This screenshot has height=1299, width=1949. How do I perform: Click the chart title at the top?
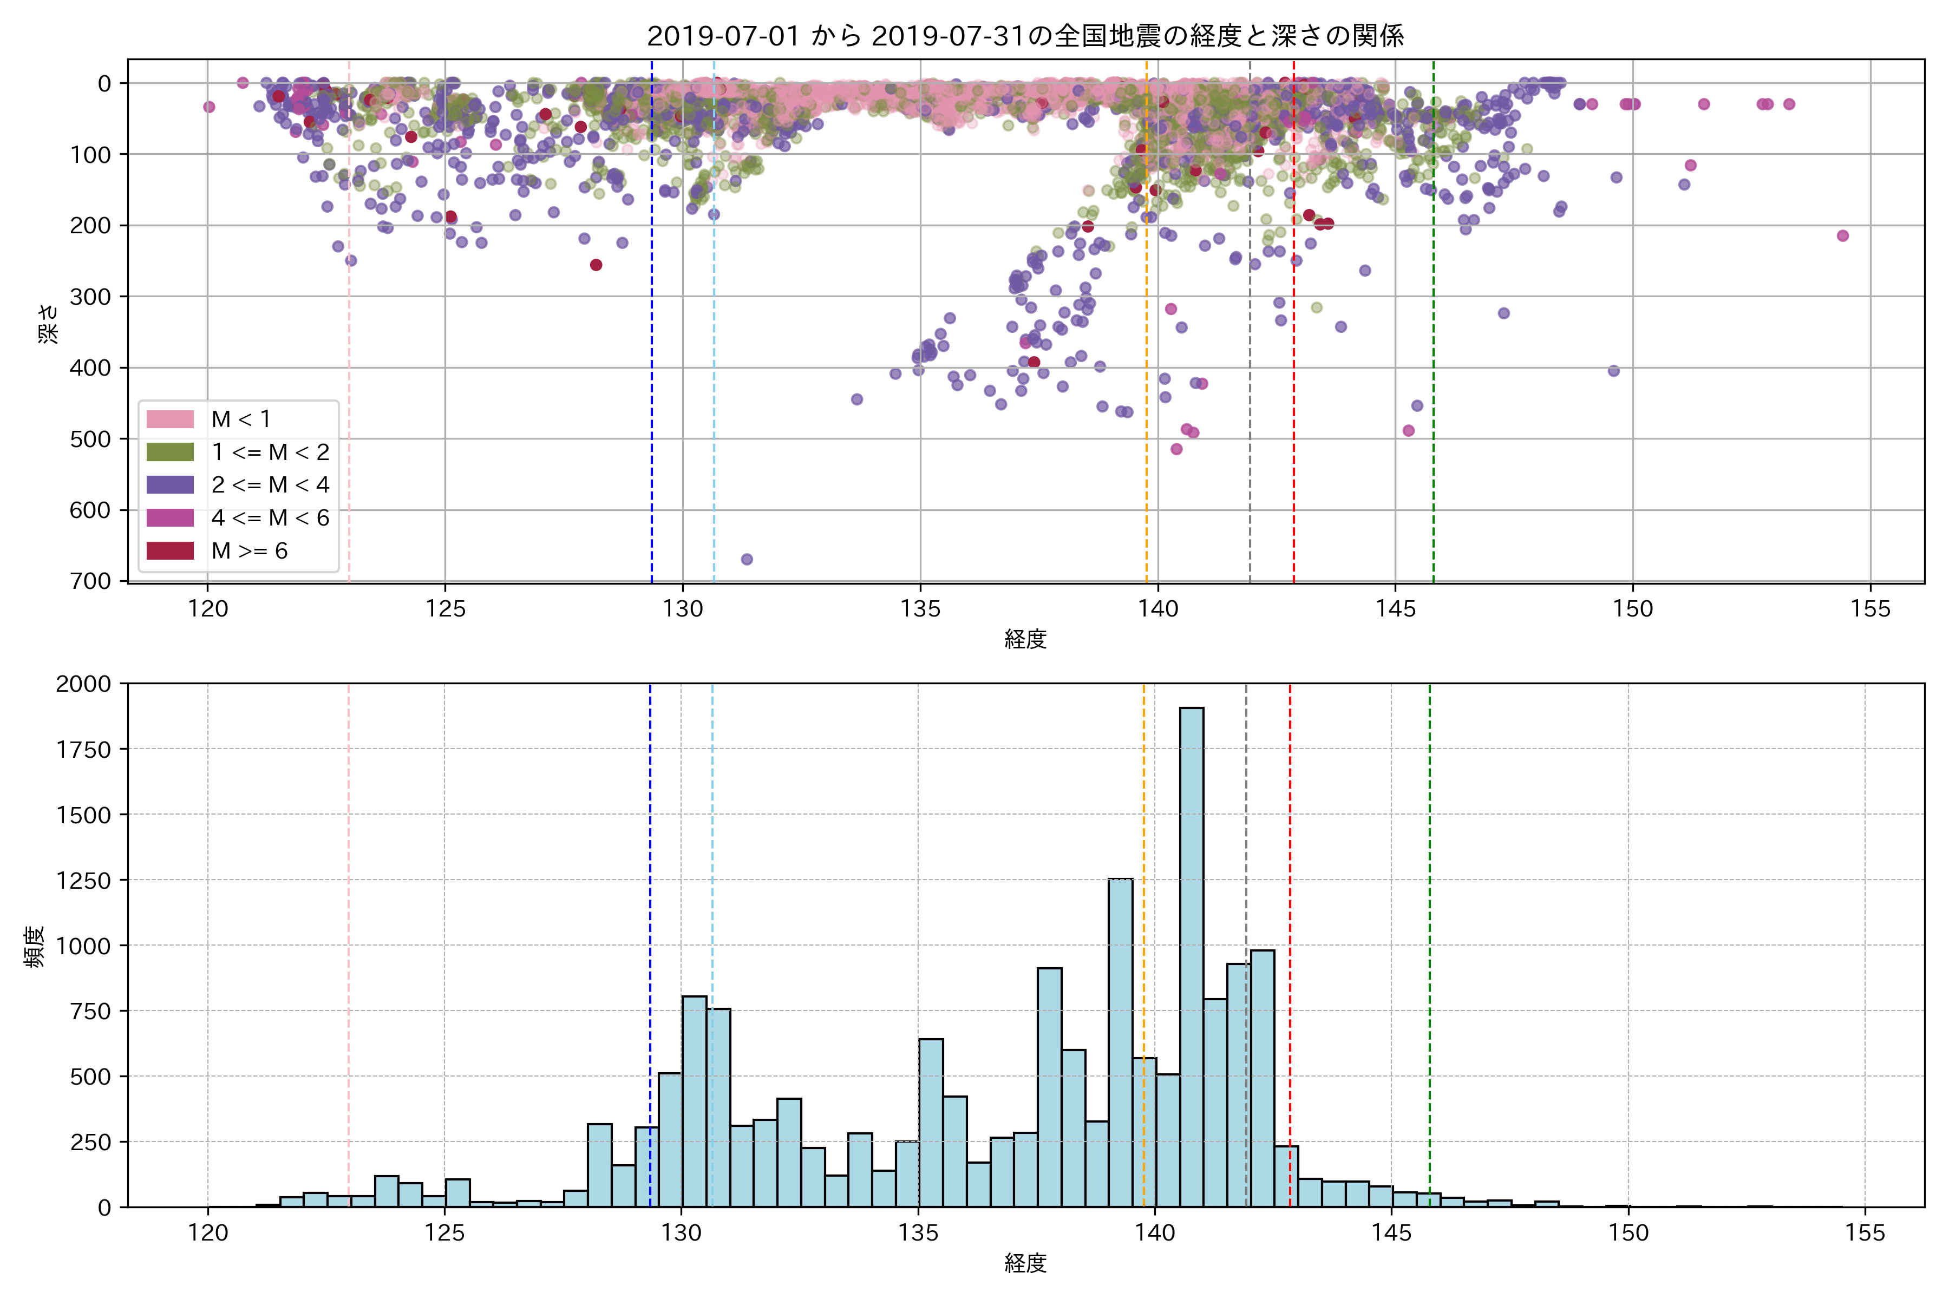pos(1025,36)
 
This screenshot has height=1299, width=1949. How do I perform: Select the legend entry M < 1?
pos(240,419)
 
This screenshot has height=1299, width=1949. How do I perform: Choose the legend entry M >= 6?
pos(248,551)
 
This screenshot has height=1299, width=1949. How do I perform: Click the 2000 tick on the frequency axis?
pos(83,684)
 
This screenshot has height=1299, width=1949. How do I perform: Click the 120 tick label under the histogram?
pos(207,1234)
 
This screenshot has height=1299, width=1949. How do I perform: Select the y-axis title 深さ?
pos(48,323)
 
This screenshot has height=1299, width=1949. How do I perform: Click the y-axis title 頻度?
pos(35,947)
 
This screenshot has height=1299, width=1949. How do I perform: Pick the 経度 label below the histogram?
pos(1025,1263)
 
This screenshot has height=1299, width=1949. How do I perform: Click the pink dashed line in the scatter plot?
pos(349,331)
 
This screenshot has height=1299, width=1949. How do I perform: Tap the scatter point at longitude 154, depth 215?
pos(1843,236)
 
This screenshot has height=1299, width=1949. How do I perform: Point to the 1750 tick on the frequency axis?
pos(83,750)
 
